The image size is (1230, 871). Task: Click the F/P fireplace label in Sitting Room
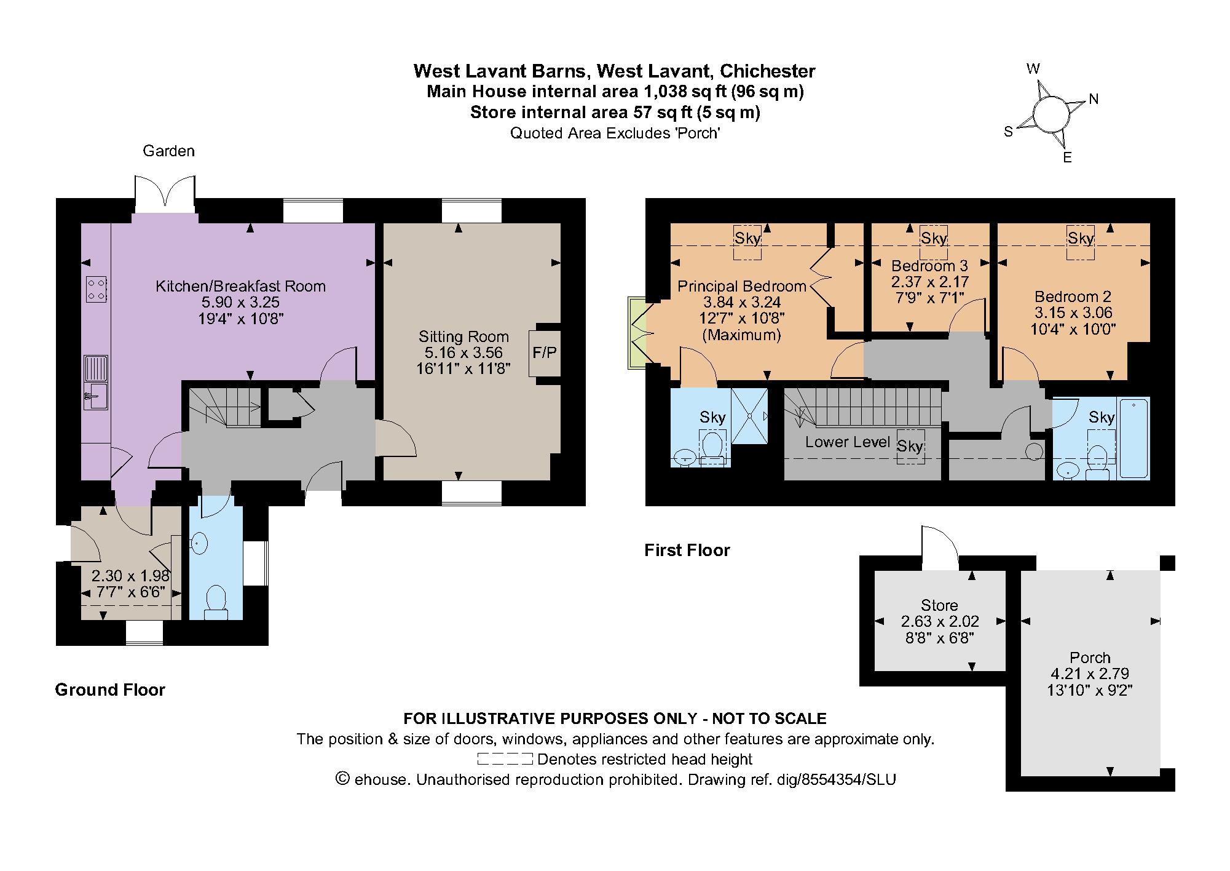coord(544,352)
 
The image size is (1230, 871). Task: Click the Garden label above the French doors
coord(168,151)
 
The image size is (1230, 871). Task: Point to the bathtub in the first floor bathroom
coord(1133,438)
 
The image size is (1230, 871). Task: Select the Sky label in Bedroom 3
coord(934,238)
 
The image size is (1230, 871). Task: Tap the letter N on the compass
coord(1094,98)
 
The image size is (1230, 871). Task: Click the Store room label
coord(939,605)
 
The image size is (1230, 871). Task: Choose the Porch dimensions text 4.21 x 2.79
coord(1089,674)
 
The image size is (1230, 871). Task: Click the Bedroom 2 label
coord(1073,296)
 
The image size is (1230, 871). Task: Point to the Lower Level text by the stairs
coord(847,442)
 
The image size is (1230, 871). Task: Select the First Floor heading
coord(687,550)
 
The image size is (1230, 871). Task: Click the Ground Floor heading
coord(110,690)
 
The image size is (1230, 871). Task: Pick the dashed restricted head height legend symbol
coord(505,759)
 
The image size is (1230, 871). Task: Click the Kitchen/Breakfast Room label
coord(240,286)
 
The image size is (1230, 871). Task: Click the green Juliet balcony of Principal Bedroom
coord(635,333)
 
